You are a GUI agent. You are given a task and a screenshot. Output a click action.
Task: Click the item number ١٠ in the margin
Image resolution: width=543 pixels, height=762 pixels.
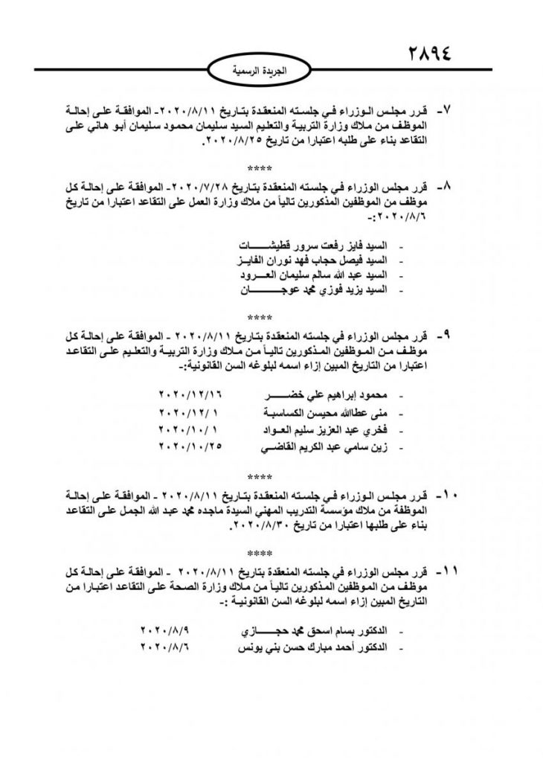pos(449,494)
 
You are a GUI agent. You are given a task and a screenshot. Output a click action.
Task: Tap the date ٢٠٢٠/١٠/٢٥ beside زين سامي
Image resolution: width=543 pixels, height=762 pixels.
pos(191,447)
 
